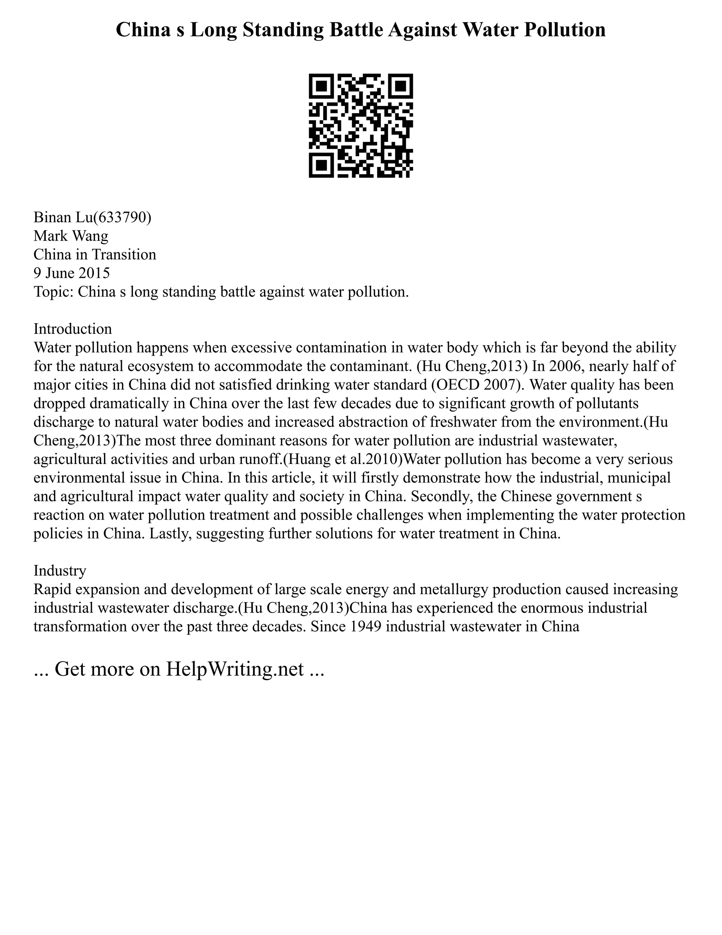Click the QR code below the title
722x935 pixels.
361,126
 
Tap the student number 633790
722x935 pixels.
122,217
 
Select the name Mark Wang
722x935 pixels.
71,236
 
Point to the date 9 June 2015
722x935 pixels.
72,273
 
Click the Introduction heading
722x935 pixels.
73,329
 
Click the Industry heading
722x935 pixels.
60,571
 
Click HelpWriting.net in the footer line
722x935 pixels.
234,669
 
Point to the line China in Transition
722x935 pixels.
95,254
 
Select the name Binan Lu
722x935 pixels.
63,217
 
